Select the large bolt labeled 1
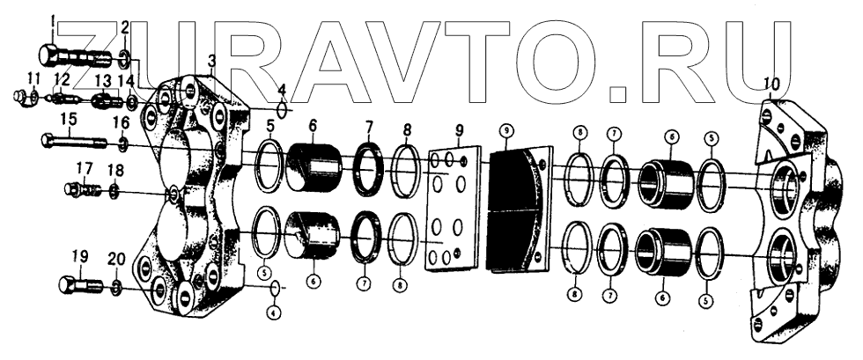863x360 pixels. [74, 58]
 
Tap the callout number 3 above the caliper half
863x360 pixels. [211, 60]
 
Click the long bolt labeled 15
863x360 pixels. [74, 140]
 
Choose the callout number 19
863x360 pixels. [80, 256]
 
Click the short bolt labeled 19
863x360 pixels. [77, 286]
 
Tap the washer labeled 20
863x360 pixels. [118, 288]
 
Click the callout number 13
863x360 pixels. [102, 80]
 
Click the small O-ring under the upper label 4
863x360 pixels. [281, 110]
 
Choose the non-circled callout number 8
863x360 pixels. [407, 129]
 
